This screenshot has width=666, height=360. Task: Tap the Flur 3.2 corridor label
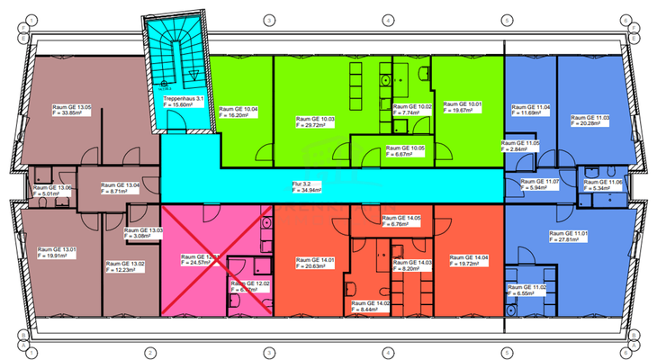pos(298,185)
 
